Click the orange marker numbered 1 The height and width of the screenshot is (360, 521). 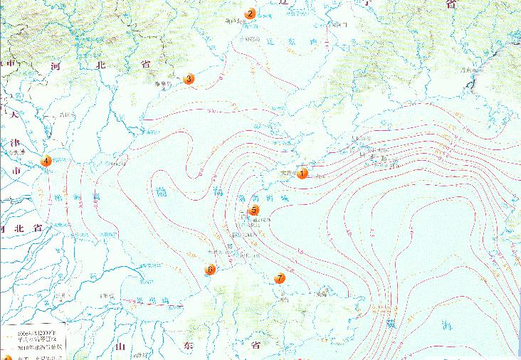click(x=302, y=173)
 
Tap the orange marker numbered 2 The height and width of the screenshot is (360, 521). click(x=250, y=14)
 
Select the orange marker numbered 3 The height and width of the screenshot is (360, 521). click(x=189, y=79)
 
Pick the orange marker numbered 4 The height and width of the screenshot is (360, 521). click(x=46, y=161)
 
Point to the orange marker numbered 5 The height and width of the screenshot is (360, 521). click(x=255, y=210)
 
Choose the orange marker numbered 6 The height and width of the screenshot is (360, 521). click(x=210, y=270)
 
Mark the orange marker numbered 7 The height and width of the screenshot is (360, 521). click(x=280, y=278)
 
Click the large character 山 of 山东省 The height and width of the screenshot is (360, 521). click(x=121, y=346)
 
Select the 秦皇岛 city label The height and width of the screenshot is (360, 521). click(x=167, y=83)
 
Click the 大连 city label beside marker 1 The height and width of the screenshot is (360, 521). click(x=286, y=171)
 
